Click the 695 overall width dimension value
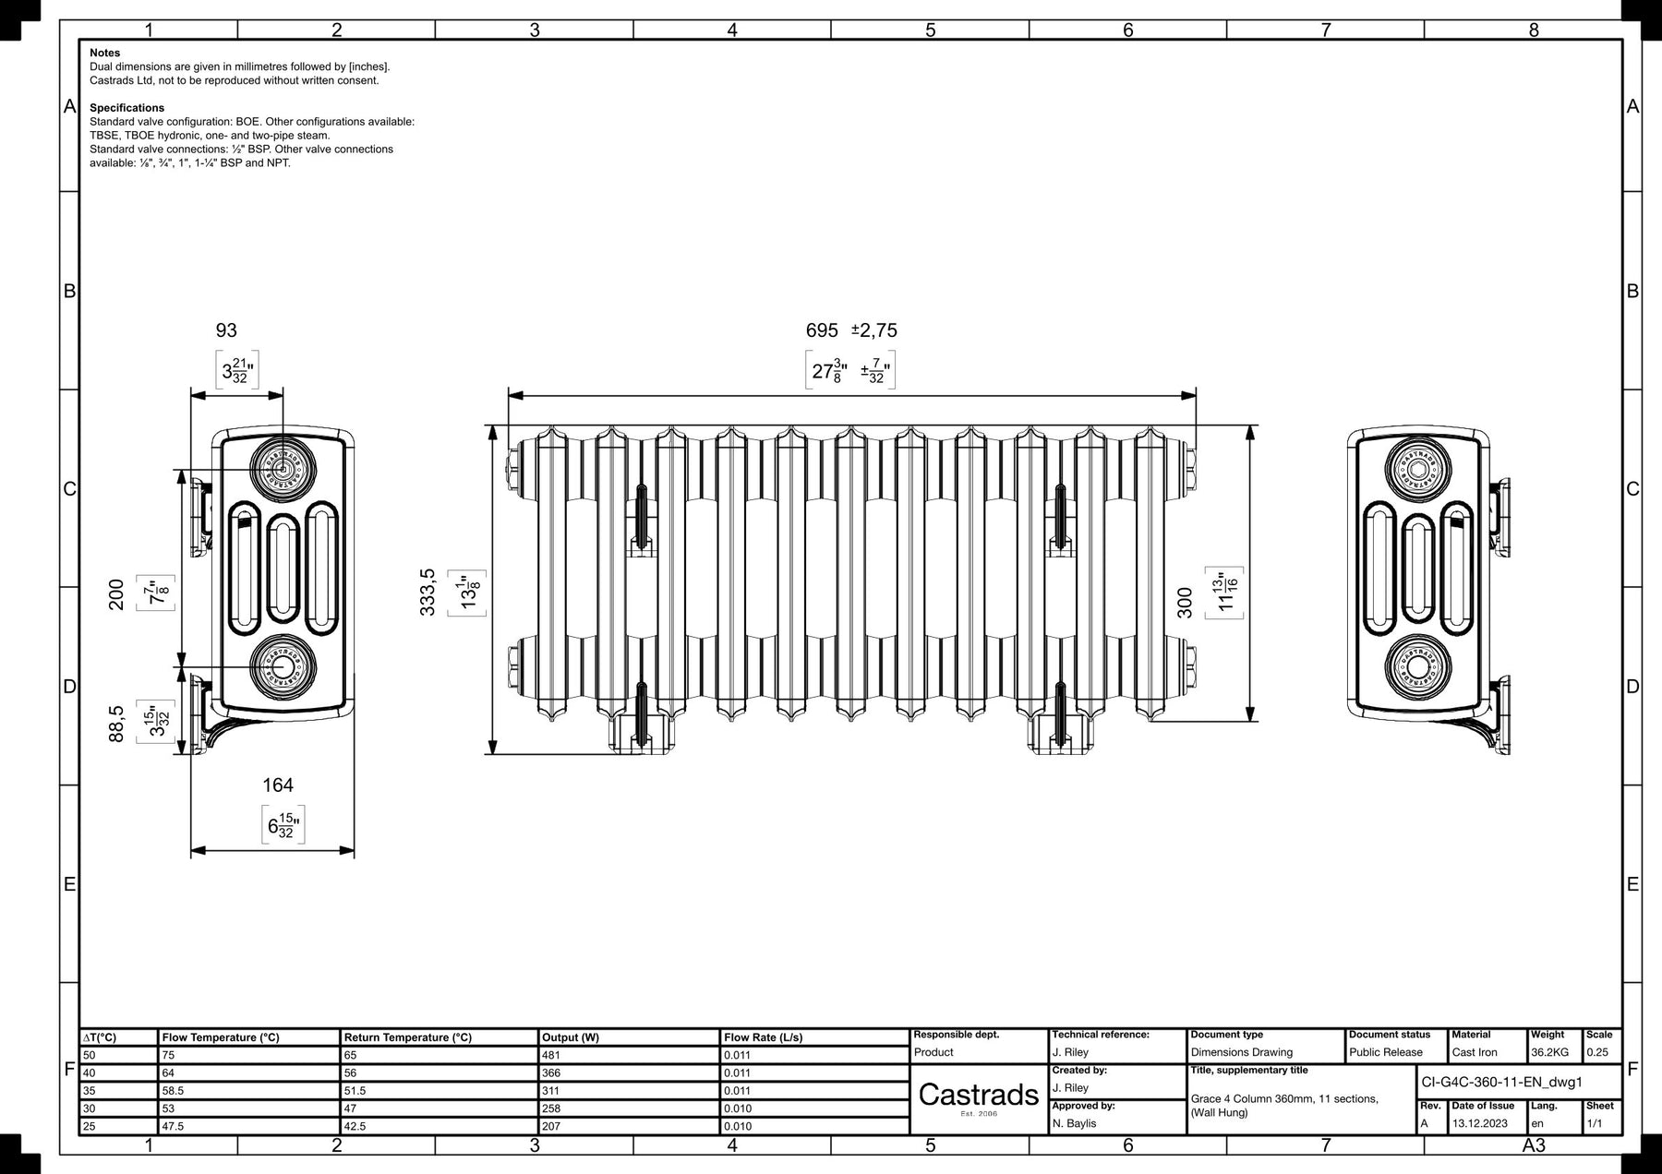point(822,330)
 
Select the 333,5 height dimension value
point(428,592)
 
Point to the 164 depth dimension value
point(278,785)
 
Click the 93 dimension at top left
point(226,330)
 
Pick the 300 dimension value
point(1186,603)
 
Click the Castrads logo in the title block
point(979,1095)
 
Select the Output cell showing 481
point(551,1055)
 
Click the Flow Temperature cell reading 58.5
point(174,1090)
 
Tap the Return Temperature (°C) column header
point(407,1037)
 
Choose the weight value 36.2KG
point(1548,1052)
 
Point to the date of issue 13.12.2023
point(1480,1123)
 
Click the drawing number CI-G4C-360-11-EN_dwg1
point(1502,1082)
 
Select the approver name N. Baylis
point(1075,1123)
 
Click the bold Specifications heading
point(126,108)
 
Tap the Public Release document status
point(1386,1052)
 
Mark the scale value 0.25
point(1598,1052)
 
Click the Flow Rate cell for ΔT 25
point(738,1126)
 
